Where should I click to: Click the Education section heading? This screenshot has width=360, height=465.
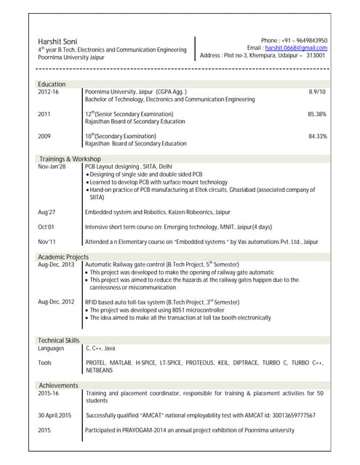pos(51,84)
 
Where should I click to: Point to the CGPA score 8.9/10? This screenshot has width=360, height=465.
pos(317,92)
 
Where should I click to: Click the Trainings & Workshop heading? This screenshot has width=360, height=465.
pos(69,158)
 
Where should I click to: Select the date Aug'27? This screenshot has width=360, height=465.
pos(47,211)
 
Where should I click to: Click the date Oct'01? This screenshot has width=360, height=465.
pos(46,227)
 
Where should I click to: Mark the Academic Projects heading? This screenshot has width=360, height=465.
pos(63,257)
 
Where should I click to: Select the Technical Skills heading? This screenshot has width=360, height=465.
pos(58,340)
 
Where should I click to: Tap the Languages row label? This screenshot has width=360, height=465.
pos(51,348)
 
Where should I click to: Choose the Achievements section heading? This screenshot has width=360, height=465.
pos(58,385)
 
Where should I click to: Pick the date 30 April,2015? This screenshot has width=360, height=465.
pos(55,415)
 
